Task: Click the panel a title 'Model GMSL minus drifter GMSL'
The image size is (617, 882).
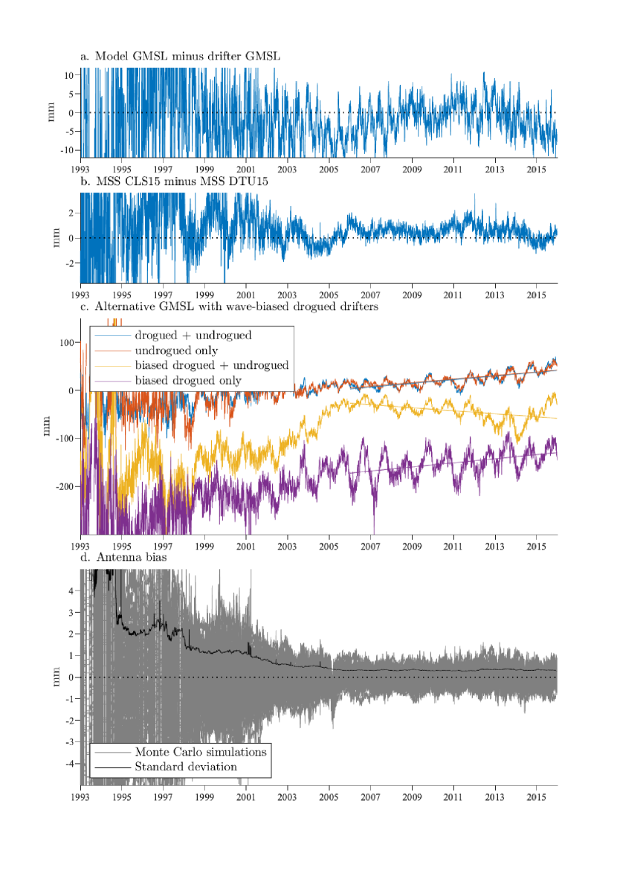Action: point(179,57)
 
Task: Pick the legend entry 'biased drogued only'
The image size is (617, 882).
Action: point(190,381)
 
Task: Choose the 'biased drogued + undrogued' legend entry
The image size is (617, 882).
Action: point(211,365)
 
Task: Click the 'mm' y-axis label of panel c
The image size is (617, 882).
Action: point(52,429)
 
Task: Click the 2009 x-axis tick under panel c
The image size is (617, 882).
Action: point(413,547)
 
